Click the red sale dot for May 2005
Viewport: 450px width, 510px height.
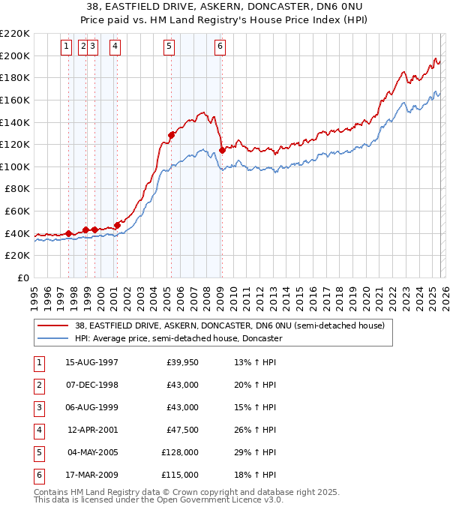[x=171, y=135]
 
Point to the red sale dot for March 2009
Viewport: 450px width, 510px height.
[x=223, y=150]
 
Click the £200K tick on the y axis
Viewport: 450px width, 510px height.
[x=16, y=55]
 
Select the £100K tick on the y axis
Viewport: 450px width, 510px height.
[x=16, y=166]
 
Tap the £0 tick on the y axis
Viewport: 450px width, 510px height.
[x=24, y=277]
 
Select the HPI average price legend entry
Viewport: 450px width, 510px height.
[x=178, y=338]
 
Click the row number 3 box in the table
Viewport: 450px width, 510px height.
[x=37, y=408]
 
